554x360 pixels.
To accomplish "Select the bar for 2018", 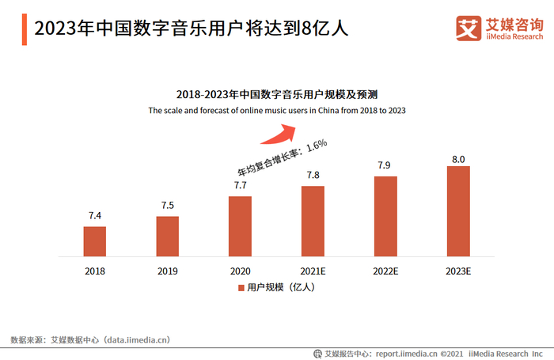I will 95,241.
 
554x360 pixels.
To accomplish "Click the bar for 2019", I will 167,236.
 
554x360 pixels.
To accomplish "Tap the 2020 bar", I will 240,226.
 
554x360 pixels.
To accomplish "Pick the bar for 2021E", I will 313,221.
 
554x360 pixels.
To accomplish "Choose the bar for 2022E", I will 385,216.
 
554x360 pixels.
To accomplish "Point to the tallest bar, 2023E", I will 458,211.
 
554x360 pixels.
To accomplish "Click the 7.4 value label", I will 95,215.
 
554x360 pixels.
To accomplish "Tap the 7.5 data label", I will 167,205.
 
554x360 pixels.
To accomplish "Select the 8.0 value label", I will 458,159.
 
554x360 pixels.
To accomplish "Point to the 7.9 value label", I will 385,165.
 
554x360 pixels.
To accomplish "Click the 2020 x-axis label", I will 240,271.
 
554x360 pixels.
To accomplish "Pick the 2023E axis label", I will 458,271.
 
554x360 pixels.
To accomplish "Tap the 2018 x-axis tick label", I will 95,271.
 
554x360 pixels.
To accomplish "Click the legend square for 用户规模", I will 241,288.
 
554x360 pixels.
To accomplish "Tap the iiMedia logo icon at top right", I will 469,28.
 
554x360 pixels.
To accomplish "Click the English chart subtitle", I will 277,111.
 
